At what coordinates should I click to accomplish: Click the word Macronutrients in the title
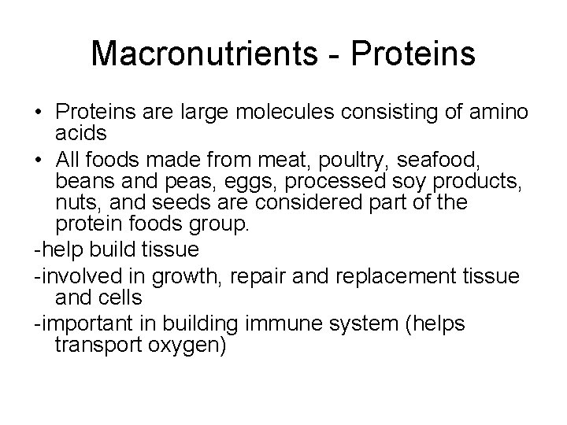click(x=198, y=55)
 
